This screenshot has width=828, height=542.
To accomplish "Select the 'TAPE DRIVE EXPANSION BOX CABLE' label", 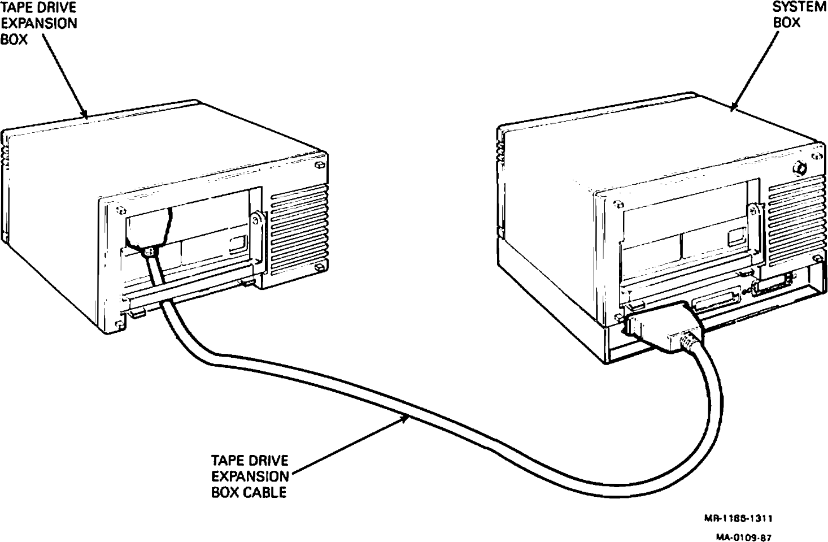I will [x=250, y=476].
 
